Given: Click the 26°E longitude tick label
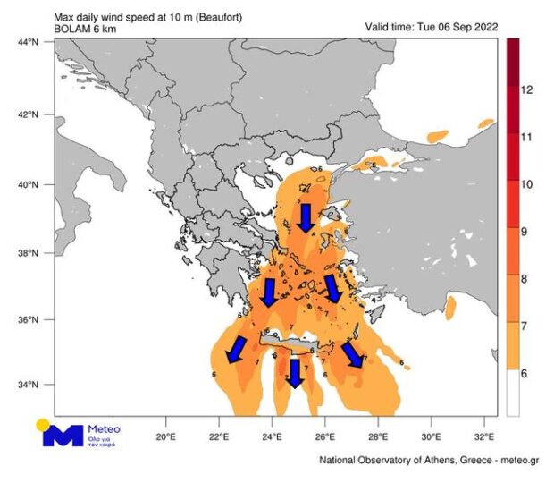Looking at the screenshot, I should [325, 437].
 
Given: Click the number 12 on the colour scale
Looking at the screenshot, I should [527, 90].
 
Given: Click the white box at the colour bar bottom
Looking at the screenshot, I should [513, 394].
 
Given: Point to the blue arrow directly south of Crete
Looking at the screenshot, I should [294, 373].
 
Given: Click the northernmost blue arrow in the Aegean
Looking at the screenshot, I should [305, 217].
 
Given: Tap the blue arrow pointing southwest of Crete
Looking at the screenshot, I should [237, 350].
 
